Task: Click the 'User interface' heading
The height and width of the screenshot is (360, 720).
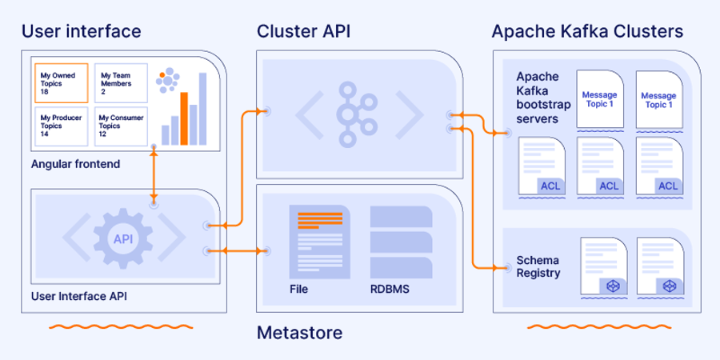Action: tap(81, 31)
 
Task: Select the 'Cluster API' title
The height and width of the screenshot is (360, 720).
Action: tap(303, 31)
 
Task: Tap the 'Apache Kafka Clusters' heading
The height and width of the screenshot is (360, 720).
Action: tap(587, 31)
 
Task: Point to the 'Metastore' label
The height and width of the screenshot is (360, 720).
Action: tap(299, 332)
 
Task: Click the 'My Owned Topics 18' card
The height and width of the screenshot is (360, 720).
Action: tap(61, 83)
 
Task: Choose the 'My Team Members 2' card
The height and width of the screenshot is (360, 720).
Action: tap(121, 83)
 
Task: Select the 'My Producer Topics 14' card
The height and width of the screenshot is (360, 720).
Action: tap(61, 125)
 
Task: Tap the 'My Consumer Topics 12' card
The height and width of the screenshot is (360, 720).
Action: tap(121, 125)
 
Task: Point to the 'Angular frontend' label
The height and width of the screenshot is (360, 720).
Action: tap(75, 164)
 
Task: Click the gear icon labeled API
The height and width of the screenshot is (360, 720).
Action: tap(123, 238)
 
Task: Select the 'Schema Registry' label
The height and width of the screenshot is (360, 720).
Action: tap(538, 266)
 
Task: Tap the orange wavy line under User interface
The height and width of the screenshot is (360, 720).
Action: tap(120, 326)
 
